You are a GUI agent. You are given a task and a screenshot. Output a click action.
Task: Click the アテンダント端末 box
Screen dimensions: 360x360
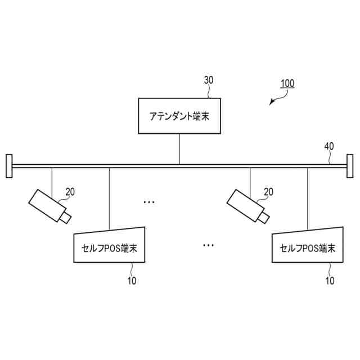point(179,116)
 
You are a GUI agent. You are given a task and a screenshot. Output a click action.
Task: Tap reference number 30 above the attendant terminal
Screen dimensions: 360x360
point(208,80)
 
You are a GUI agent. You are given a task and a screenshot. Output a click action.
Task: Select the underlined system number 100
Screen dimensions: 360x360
point(287,83)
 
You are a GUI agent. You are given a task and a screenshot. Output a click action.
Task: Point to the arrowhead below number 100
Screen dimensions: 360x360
point(273,102)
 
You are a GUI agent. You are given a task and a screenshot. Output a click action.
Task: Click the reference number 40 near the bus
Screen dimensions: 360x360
point(328,146)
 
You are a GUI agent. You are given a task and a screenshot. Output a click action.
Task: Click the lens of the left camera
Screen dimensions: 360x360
point(66,217)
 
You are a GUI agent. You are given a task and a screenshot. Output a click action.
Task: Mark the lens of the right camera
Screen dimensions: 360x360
point(263,217)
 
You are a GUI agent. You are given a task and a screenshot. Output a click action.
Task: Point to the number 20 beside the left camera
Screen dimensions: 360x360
point(70,191)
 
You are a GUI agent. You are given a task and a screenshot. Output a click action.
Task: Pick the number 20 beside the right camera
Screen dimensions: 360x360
point(268,191)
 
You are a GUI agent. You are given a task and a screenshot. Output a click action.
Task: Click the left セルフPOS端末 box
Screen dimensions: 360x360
point(110,245)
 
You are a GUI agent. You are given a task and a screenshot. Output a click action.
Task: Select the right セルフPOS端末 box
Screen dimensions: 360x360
point(307,245)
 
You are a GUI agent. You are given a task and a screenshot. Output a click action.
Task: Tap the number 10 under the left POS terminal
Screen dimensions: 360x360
point(132,280)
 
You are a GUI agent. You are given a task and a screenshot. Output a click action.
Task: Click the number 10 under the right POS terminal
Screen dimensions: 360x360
point(330,280)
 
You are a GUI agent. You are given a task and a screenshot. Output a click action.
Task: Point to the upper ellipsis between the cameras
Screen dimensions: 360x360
point(149,201)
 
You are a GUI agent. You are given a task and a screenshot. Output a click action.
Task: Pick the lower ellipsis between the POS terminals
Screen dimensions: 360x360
point(208,245)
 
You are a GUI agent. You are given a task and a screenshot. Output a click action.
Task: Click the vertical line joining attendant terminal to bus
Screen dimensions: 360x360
point(179,149)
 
